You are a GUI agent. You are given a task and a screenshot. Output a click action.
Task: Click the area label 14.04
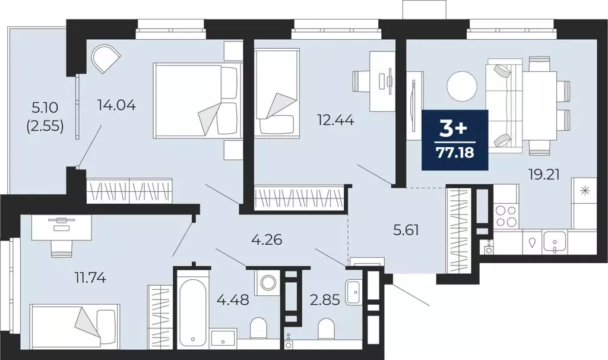[117, 106]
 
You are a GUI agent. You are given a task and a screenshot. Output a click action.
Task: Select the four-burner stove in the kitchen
[505, 216]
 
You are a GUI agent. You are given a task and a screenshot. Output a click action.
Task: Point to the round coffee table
[462, 87]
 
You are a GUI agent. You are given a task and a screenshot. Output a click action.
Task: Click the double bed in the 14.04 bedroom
[196, 99]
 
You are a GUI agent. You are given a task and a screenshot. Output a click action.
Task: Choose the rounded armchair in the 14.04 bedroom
[106, 58]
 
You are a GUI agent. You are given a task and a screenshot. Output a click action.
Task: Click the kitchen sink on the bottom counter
[557, 241]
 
